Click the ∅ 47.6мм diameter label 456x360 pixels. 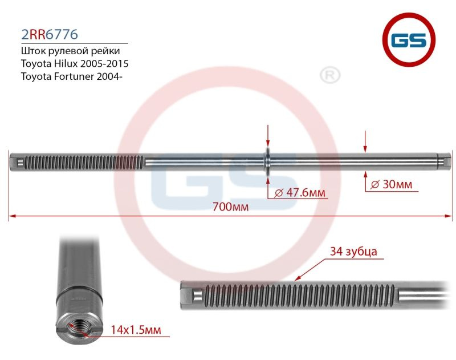(300, 193)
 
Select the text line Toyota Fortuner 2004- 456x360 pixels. (71, 75)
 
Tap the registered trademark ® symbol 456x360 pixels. (329, 75)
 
